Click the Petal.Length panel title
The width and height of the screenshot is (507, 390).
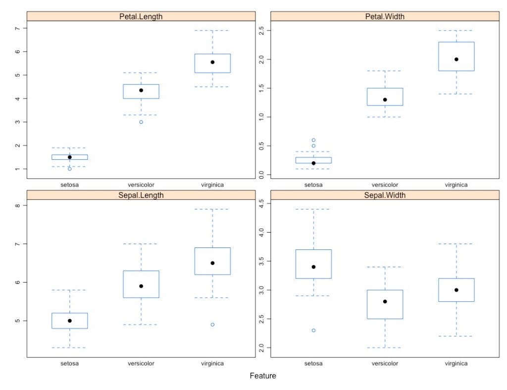[x=141, y=16]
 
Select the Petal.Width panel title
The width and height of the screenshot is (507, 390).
[x=385, y=16]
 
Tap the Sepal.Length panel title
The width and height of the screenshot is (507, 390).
[x=141, y=195]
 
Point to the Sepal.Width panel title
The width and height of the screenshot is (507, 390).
[x=385, y=195]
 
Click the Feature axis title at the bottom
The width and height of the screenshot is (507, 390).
[x=262, y=376]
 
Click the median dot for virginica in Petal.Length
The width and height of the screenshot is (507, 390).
[x=212, y=62]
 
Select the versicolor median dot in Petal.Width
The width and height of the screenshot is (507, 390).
[x=385, y=99]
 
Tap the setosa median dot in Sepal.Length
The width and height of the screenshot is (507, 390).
[x=70, y=321]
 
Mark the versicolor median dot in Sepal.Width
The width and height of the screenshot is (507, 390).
[x=385, y=301]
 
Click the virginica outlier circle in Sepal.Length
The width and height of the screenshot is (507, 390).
[x=212, y=325]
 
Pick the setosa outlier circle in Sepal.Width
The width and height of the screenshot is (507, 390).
[x=313, y=330]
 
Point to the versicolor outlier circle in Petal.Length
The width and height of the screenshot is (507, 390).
[x=141, y=122]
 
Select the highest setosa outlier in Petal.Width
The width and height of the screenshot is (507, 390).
[x=313, y=140]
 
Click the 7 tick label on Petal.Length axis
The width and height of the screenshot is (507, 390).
[x=18, y=28]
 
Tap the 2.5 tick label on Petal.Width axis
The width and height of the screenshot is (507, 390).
[x=262, y=30]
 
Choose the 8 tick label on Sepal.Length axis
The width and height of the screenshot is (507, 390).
[x=18, y=205]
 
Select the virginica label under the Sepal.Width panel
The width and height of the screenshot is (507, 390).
[x=456, y=364]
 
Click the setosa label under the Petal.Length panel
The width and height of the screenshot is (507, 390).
[x=70, y=185]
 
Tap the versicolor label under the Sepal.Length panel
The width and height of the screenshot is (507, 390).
[x=141, y=364]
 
